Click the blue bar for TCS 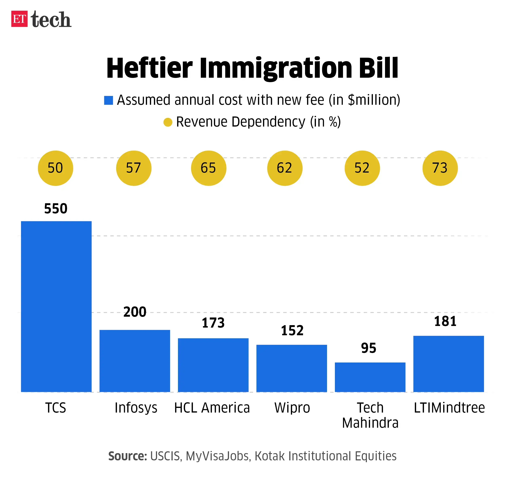(x=56, y=306)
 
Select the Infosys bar (x=135, y=361)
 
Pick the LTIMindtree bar (x=449, y=364)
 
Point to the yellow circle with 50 (x=55, y=168)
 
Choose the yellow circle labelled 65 (x=208, y=168)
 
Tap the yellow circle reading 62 (x=285, y=168)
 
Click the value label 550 (x=56, y=208)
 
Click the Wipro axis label (x=292, y=408)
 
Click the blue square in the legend (x=108, y=100)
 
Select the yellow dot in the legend (x=168, y=122)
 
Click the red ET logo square (x=19, y=19)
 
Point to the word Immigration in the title (x=276, y=68)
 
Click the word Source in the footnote (x=127, y=456)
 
